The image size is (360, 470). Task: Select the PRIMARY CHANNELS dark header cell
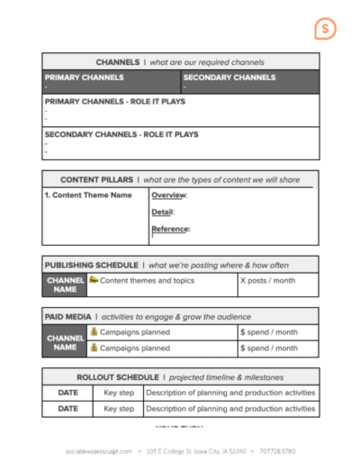(111, 81)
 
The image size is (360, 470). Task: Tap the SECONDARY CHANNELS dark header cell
(249, 81)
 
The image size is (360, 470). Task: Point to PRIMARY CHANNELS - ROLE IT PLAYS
(115, 102)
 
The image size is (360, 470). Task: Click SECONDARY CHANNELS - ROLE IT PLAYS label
(121, 134)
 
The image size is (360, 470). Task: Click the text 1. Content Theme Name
(88, 194)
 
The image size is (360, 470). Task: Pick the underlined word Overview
(168, 194)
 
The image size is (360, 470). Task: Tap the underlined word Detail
(162, 212)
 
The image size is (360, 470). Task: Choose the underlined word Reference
(170, 229)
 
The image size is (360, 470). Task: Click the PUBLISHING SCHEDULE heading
(90, 265)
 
